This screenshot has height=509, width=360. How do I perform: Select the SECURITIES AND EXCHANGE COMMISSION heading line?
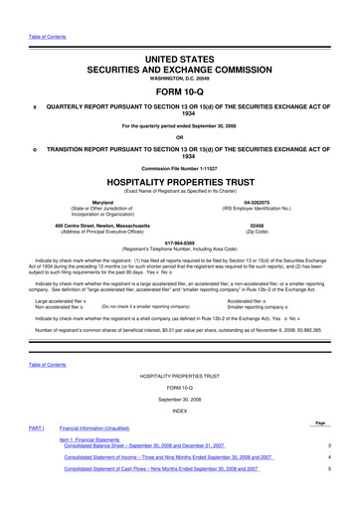point(180,45)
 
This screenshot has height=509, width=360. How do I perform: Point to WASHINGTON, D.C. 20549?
point(180,56)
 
